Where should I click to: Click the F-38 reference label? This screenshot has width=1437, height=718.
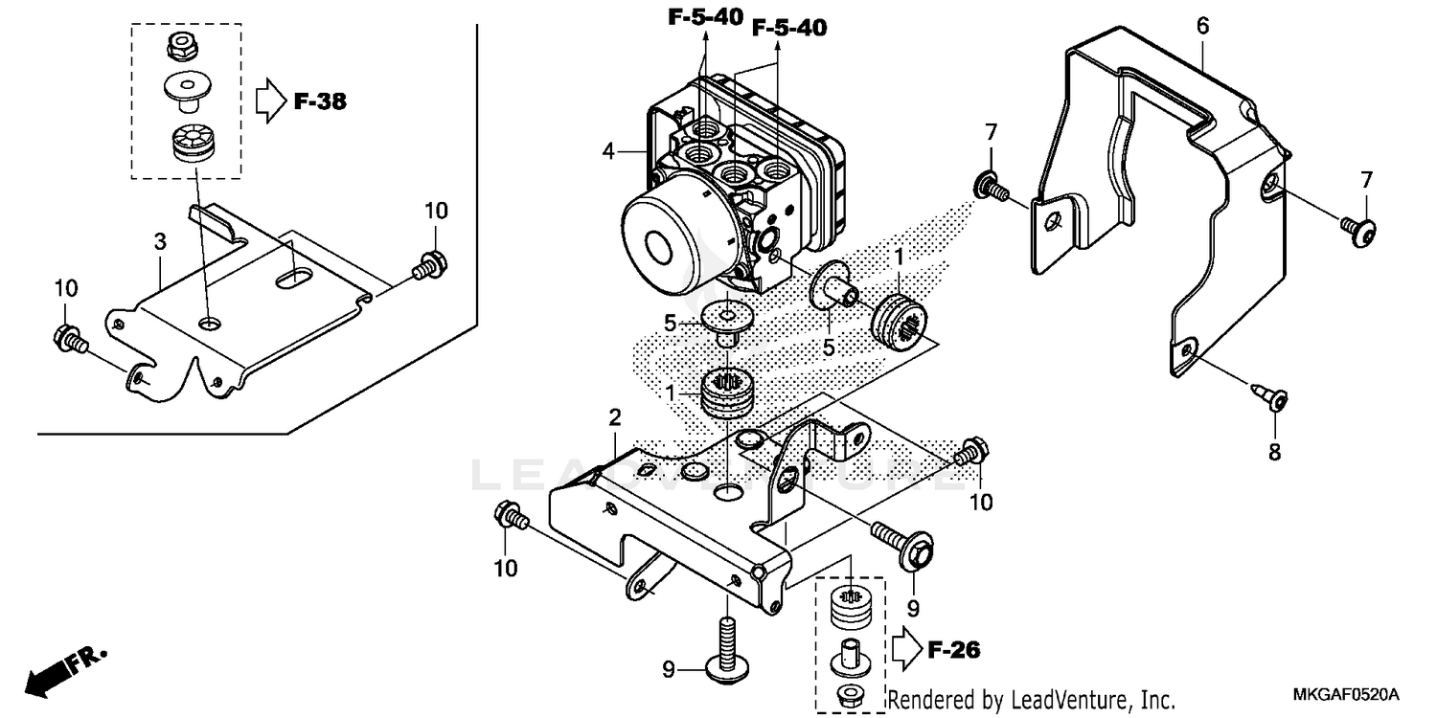coord(319,101)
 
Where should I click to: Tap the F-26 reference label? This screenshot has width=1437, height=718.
coord(953,650)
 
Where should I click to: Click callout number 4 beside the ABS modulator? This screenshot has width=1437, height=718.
coord(607,150)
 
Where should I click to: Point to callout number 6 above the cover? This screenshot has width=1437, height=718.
coord(1202,27)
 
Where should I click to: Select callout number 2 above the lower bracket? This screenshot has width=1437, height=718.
coord(614,417)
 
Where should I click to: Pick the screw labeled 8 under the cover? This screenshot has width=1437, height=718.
coord(1271,395)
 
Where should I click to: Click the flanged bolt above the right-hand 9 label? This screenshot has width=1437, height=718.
coord(906,544)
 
